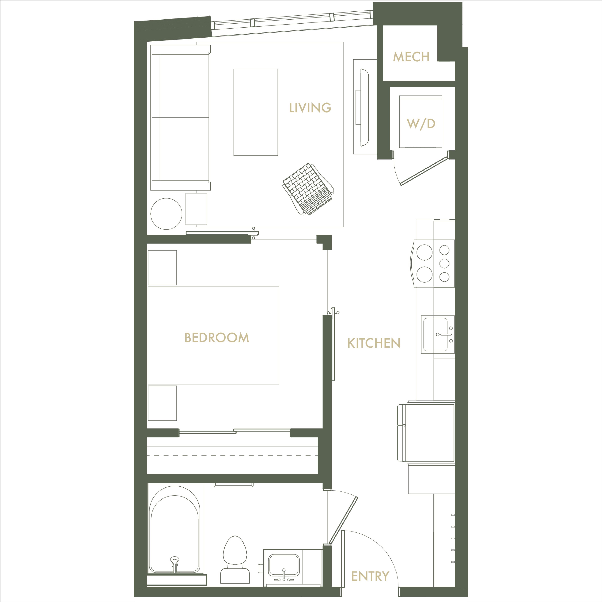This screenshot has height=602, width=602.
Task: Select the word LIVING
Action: (x=310, y=108)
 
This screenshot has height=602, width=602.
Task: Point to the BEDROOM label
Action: (x=217, y=337)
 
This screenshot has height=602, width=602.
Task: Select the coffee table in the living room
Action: (x=256, y=112)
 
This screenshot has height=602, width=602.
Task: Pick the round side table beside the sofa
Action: (x=166, y=214)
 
